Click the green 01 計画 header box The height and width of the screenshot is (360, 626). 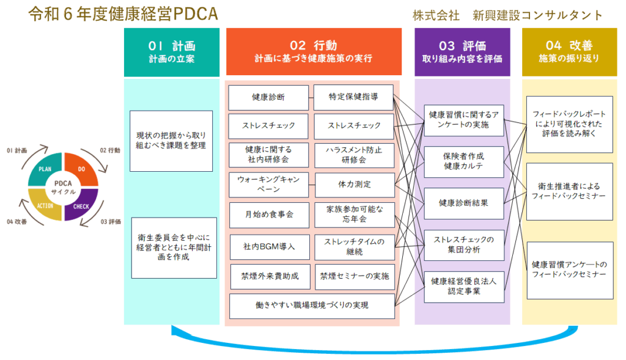click(x=171, y=52)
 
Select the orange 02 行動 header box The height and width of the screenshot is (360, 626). click(x=313, y=52)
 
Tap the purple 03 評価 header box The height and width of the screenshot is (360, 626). click(x=462, y=52)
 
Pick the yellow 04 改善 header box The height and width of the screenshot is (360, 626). click(x=569, y=52)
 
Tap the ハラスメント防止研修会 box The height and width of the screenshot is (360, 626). click(x=354, y=153)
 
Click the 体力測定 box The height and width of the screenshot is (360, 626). click(x=355, y=183)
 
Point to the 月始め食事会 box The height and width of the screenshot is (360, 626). click(x=269, y=214)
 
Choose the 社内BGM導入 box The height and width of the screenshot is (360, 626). click(x=270, y=246)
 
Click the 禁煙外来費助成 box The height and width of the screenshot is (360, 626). click(x=270, y=276)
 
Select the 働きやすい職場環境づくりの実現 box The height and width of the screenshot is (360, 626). click(x=312, y=305)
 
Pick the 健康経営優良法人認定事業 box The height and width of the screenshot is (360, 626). click(x=464, y=286)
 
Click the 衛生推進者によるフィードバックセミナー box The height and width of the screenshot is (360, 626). click(x=569, y=191)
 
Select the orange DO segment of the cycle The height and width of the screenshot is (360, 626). click(x=80, y=169)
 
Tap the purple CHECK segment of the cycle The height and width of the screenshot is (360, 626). click(x=80, y=205)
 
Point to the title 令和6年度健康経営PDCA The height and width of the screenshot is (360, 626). click(x=123, y=14)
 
